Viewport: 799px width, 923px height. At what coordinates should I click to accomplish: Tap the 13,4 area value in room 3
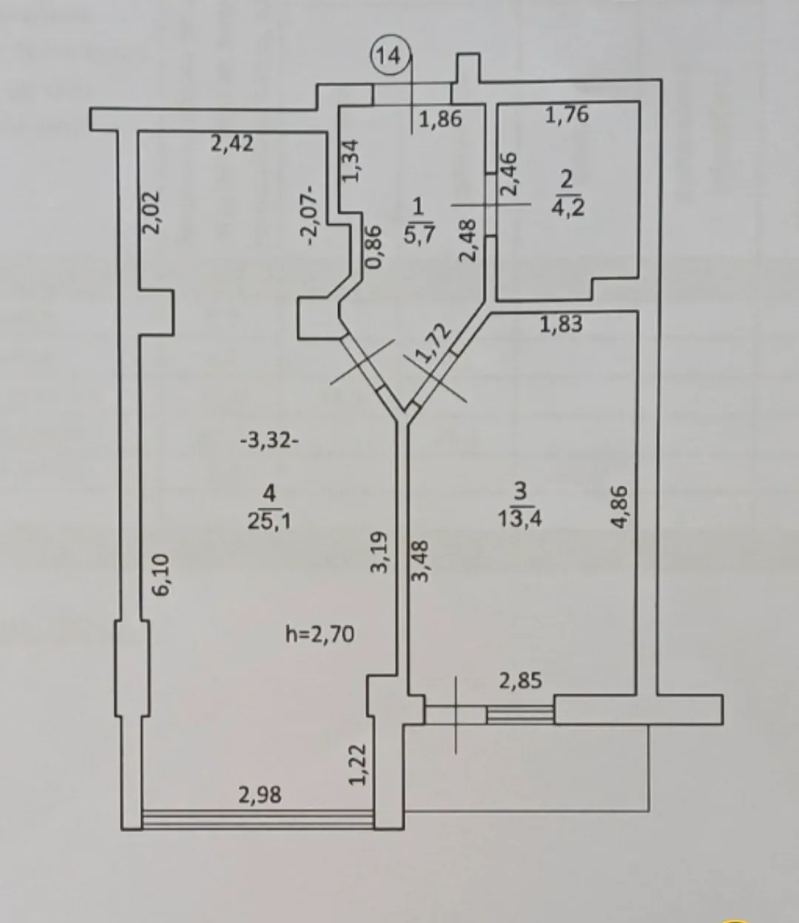(x=520, y=519)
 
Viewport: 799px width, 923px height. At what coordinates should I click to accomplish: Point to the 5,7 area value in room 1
(x=419, y=234)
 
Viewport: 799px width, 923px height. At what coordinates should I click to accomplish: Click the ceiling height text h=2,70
(x=320, y=634)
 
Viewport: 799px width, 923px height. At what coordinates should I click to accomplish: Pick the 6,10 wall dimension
(x=161, y=575)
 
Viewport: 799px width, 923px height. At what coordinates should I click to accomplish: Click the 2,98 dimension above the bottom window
(x=260, y=795)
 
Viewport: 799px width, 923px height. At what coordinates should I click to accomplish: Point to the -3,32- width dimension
(x=269, y=442)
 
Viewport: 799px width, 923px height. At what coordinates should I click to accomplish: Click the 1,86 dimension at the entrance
(x=440, y=120)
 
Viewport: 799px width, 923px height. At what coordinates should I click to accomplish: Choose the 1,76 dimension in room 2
(x=567, y=115)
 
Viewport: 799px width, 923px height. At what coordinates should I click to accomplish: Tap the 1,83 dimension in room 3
(x=562, y=324)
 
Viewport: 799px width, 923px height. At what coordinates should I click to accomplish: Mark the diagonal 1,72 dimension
(x=432, y=342)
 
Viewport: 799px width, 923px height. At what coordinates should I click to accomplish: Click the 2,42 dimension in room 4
(x=232, y=143)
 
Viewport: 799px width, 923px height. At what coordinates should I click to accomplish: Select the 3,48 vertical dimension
(x=419, y=561)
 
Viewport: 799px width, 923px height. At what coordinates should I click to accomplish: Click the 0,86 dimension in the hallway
(x=374, y=246)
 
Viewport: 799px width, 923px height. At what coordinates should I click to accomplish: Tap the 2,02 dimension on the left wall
(x=151, y=212)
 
